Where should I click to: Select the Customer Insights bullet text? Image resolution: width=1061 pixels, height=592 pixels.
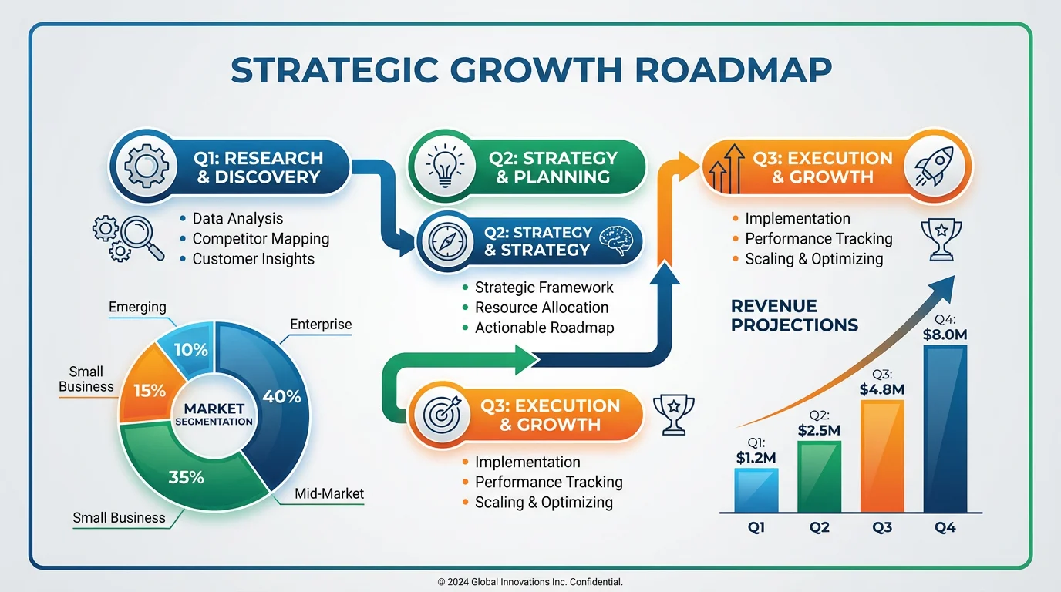tap(253, 259)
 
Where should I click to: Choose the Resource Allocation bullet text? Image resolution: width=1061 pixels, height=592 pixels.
tap(541, 307)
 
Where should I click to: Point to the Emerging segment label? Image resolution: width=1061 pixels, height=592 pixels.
tap(137, 307)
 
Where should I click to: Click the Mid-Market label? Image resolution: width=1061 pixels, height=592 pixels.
tap(329, 493)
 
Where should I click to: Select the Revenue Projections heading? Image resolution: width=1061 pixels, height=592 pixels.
tap(794, 315)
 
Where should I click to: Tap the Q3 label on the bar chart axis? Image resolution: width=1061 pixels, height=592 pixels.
tap(882, 528)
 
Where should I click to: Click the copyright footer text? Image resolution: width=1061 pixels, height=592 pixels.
tap(530, 582)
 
